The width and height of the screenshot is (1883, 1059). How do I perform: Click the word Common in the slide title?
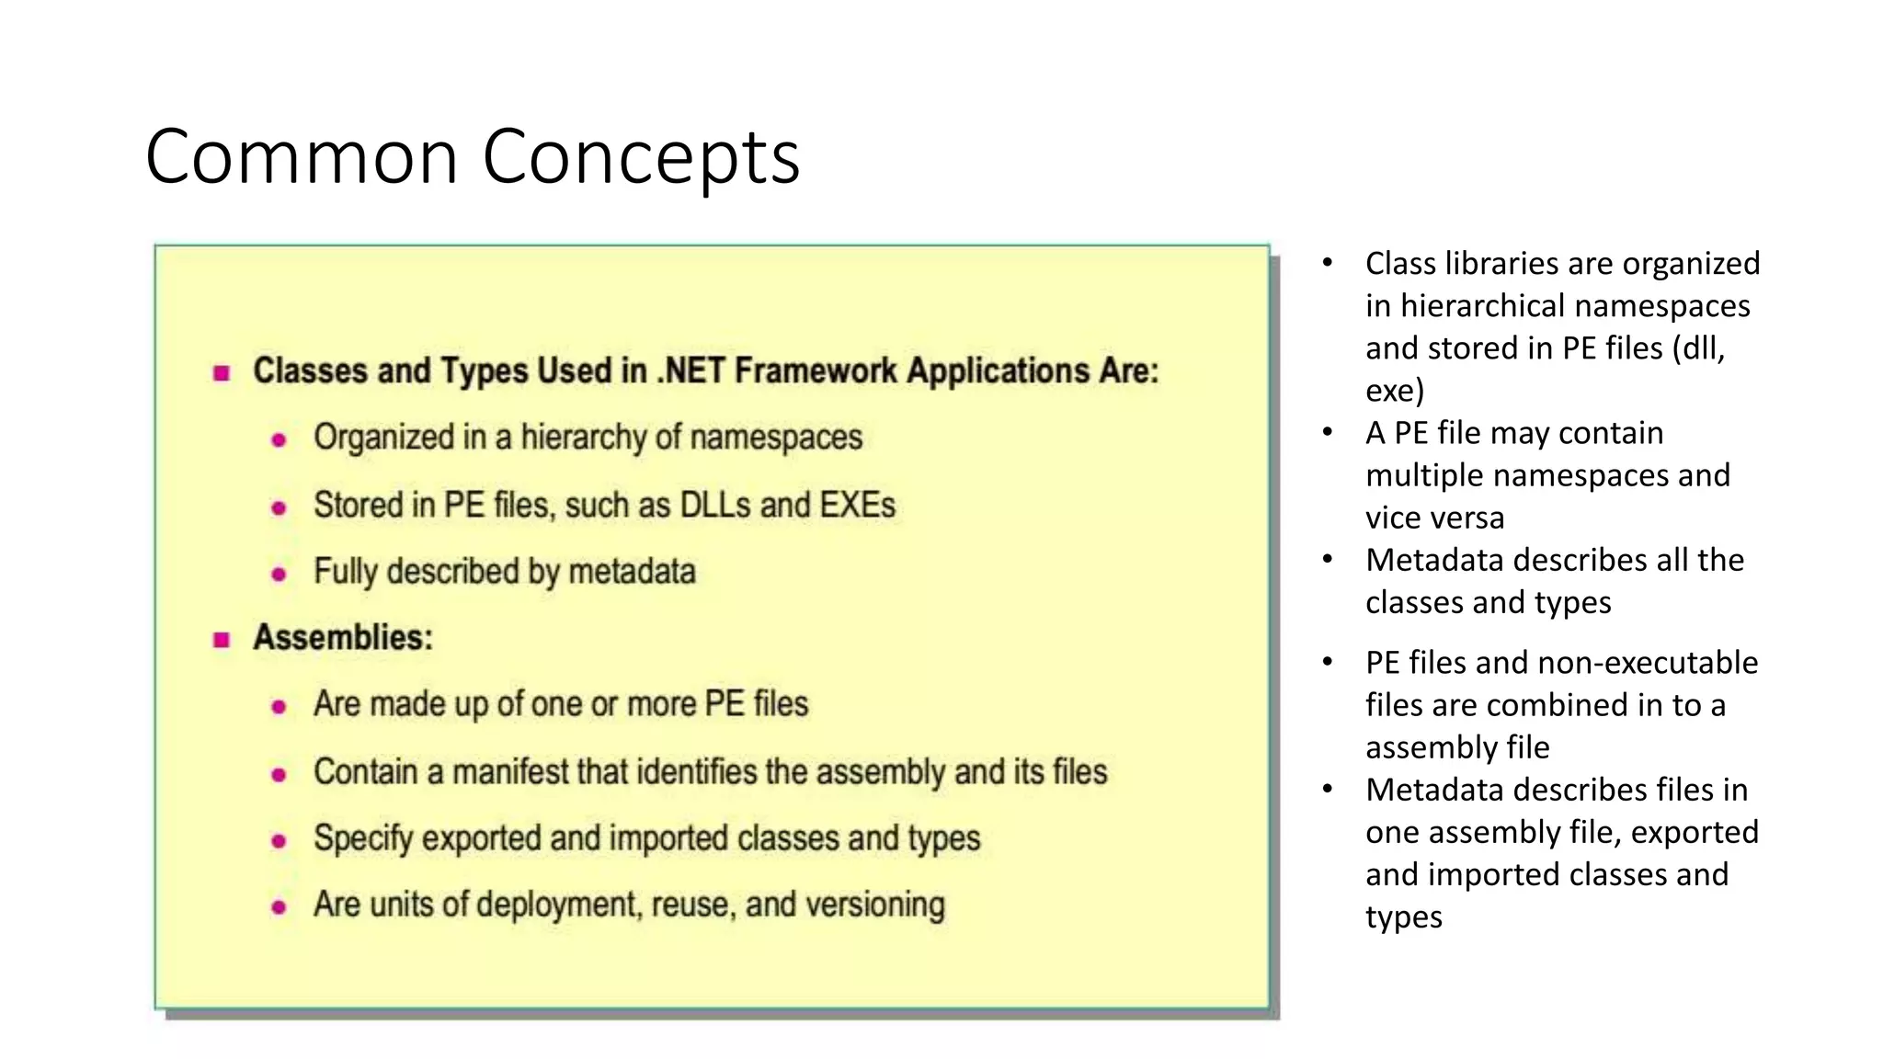point(302,157)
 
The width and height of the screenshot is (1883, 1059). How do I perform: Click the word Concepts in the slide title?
point(641,157)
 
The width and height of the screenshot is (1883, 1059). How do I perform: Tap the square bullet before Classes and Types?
point(222,372)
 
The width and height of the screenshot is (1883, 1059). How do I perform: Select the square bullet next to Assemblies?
point(222,639)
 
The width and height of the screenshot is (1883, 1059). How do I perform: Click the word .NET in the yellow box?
point(690,370)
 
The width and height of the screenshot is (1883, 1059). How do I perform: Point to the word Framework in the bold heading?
point(816,370)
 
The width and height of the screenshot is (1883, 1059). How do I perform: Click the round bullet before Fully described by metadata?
point(279,575)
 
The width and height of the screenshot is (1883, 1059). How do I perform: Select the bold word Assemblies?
point(343,637)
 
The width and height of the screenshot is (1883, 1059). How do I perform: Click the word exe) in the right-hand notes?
point(1394,391)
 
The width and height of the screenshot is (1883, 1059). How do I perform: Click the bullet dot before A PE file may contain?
point(1328,432)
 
